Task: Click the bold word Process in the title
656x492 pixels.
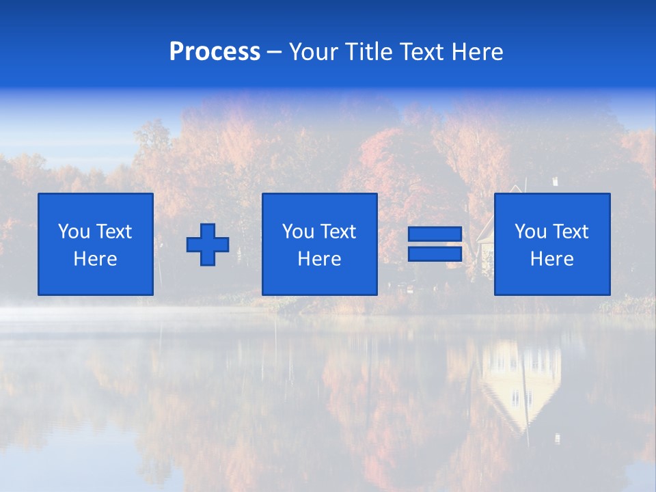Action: coord(215,52)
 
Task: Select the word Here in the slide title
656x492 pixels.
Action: coord(476,52)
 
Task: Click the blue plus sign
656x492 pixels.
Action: coord(208,244)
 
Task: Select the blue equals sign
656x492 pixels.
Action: coord(435,244)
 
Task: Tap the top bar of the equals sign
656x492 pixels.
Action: coord(435,234)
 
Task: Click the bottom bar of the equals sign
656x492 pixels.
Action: coord(435,254)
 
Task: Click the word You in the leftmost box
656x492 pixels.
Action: coord(74,232)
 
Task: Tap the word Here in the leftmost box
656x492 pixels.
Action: coord(96,259)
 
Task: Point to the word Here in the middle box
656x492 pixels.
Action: coord(319,259)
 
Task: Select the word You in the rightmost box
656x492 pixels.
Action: coord(530,232)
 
